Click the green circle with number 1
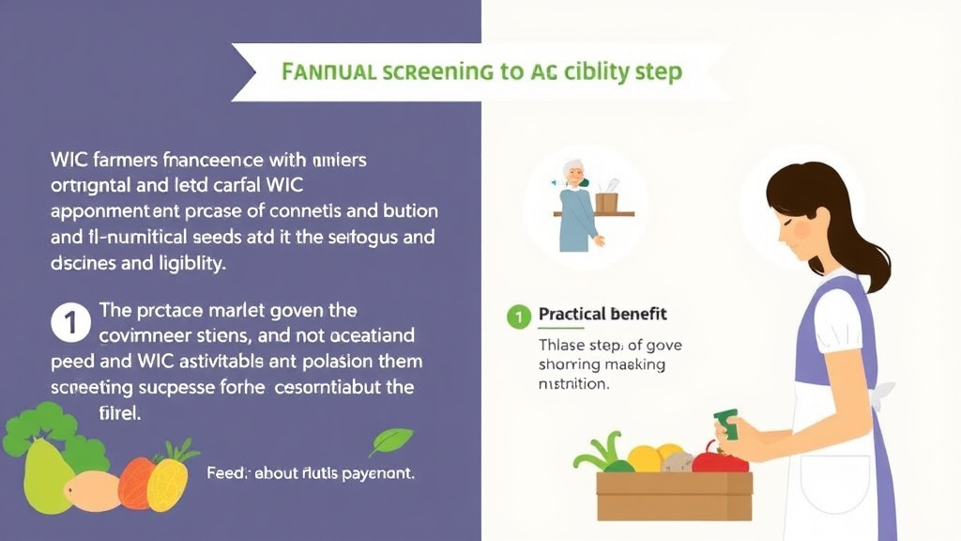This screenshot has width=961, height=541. click(x=518, y=315)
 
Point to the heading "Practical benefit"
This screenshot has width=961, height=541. click(x=603, y=314)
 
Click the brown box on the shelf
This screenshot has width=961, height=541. click(x=605, y=202)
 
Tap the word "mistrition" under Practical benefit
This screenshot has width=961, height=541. click(x=573, y=384)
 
